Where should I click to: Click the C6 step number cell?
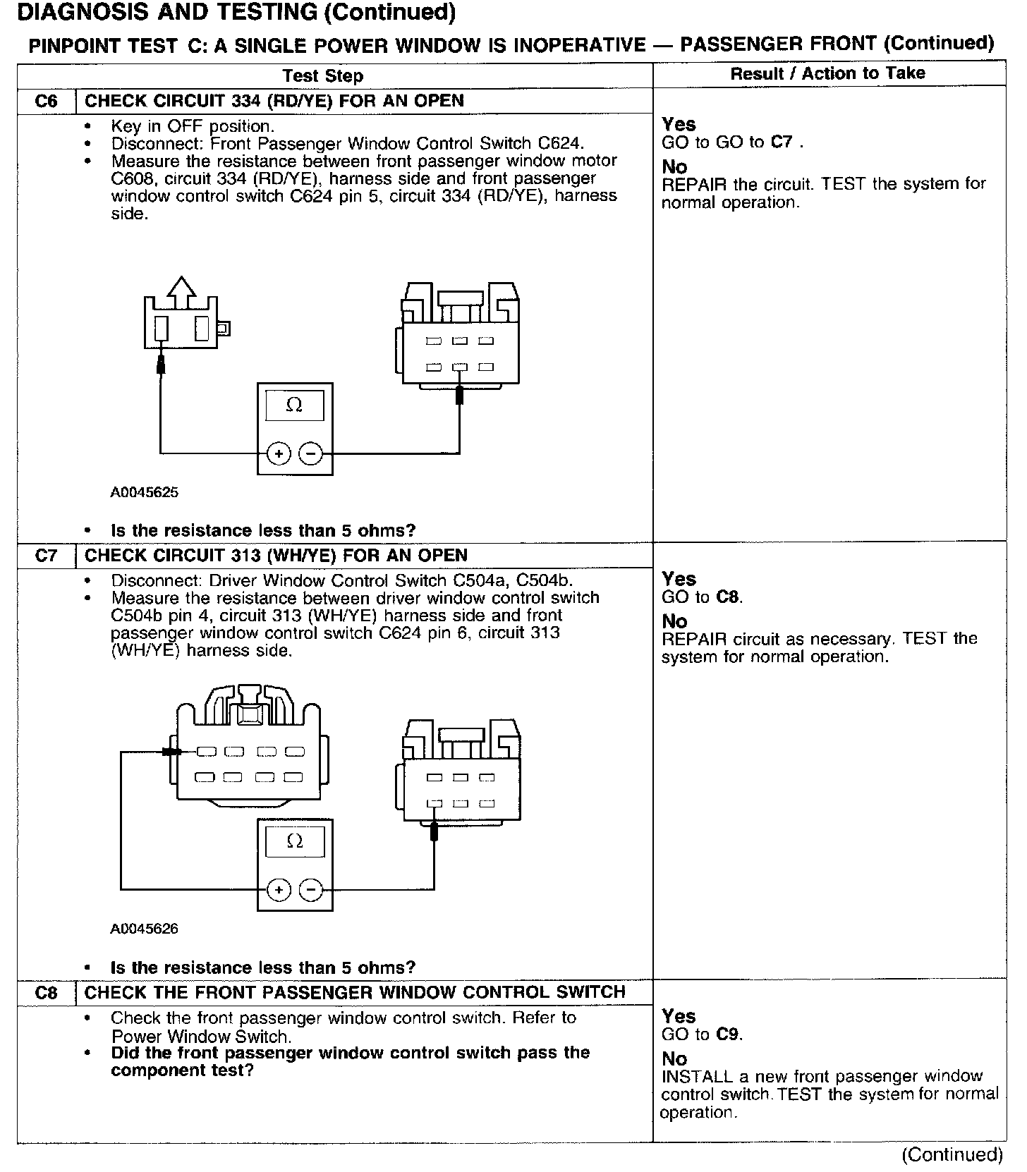coord(46,101)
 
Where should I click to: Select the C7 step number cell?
coord(46,556)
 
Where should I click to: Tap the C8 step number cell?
coord(46,993)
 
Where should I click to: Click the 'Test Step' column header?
coord(322,76)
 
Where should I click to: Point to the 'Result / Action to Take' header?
coord(827,73)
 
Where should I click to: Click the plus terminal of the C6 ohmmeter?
coord(279,453)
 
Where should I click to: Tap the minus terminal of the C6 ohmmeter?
coord(311,453)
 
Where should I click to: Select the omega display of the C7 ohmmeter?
coord(295,842)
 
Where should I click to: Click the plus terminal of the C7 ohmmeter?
coord(279,890)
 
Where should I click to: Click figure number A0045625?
coord(144,493)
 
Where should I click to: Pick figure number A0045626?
coord(144,929)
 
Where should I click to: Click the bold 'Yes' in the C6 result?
coord(679,125)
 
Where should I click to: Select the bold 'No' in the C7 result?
coord(674,621)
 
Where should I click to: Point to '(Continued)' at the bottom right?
coord(952,1154)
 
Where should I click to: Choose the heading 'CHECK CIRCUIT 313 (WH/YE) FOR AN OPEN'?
coord(276,556)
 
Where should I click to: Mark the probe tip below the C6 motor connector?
coord(161,365)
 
